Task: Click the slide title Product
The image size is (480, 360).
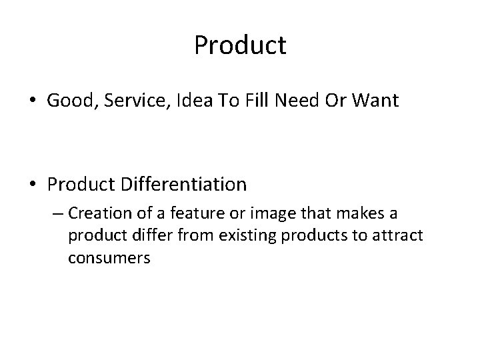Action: coord(240,46)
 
